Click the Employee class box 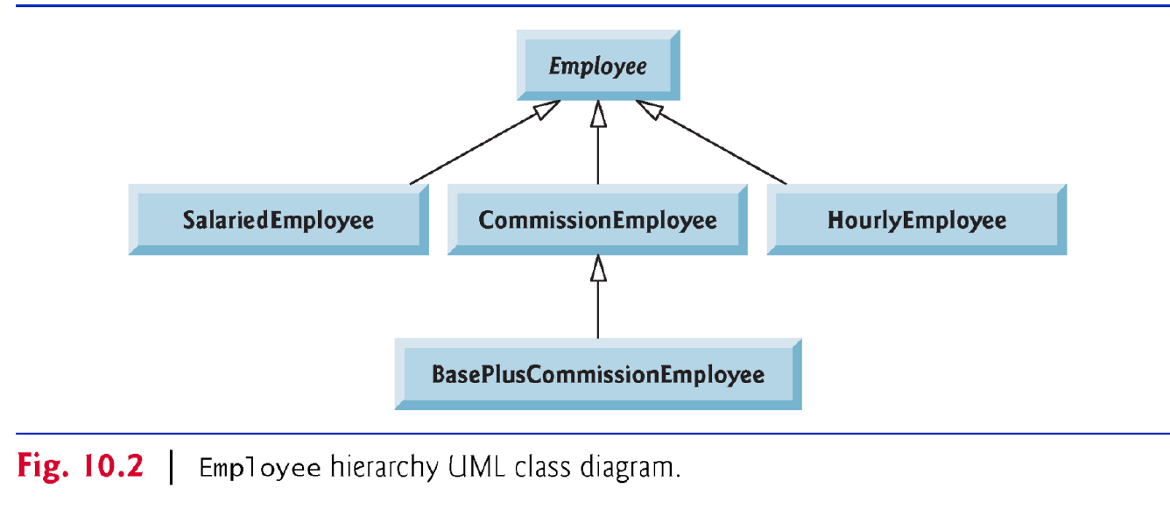[x=598, y=66]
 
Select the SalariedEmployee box [x=278, y=220]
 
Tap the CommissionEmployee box [x=597, y=220]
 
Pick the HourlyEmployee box [x=917, y=220]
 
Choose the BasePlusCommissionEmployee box [x=598, y=374]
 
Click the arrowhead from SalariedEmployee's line [x=546, y=110]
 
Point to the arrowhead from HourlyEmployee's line [x=649, y=110]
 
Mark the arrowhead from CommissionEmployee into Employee [x=598, y=113]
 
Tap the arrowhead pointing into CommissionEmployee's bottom [x=598, y=268]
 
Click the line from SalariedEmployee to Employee [x=485, y=142]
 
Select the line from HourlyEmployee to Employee [x=711, y=142]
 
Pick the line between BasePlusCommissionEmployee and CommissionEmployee [x=598, y=297]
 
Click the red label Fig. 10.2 [x=80, y=466]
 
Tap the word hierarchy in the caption [x=384, y=468]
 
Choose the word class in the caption [x=543, y=466]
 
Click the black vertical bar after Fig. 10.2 [x=172, y=467]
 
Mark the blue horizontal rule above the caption [x=593, y=434]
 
